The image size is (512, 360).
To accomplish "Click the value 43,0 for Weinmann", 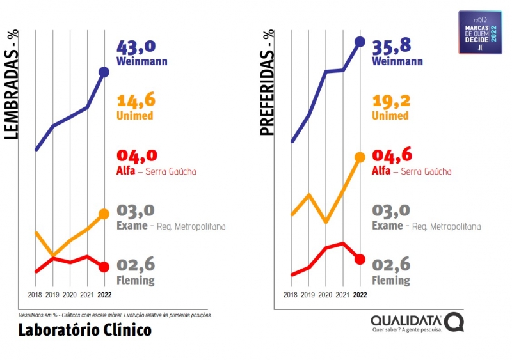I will coord(136,47).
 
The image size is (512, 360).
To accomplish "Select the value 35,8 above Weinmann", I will coord(392,47).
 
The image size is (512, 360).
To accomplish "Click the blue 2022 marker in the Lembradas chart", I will coord(104,72).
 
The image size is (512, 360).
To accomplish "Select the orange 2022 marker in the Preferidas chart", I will coord(360,157).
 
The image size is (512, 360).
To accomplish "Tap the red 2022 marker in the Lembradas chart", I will coord(104,267).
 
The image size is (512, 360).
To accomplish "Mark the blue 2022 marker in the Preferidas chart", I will coord(360,42).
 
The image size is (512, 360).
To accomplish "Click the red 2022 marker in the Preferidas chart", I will coord(360,259).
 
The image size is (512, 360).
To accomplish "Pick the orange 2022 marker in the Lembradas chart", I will coord(104,214).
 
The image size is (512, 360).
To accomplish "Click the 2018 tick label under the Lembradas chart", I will coord(35,295).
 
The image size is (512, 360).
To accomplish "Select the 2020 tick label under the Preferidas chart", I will coord(326,295).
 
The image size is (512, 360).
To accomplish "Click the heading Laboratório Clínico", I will coord(84,330).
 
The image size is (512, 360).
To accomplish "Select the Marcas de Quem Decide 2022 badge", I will coord(480,32).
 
